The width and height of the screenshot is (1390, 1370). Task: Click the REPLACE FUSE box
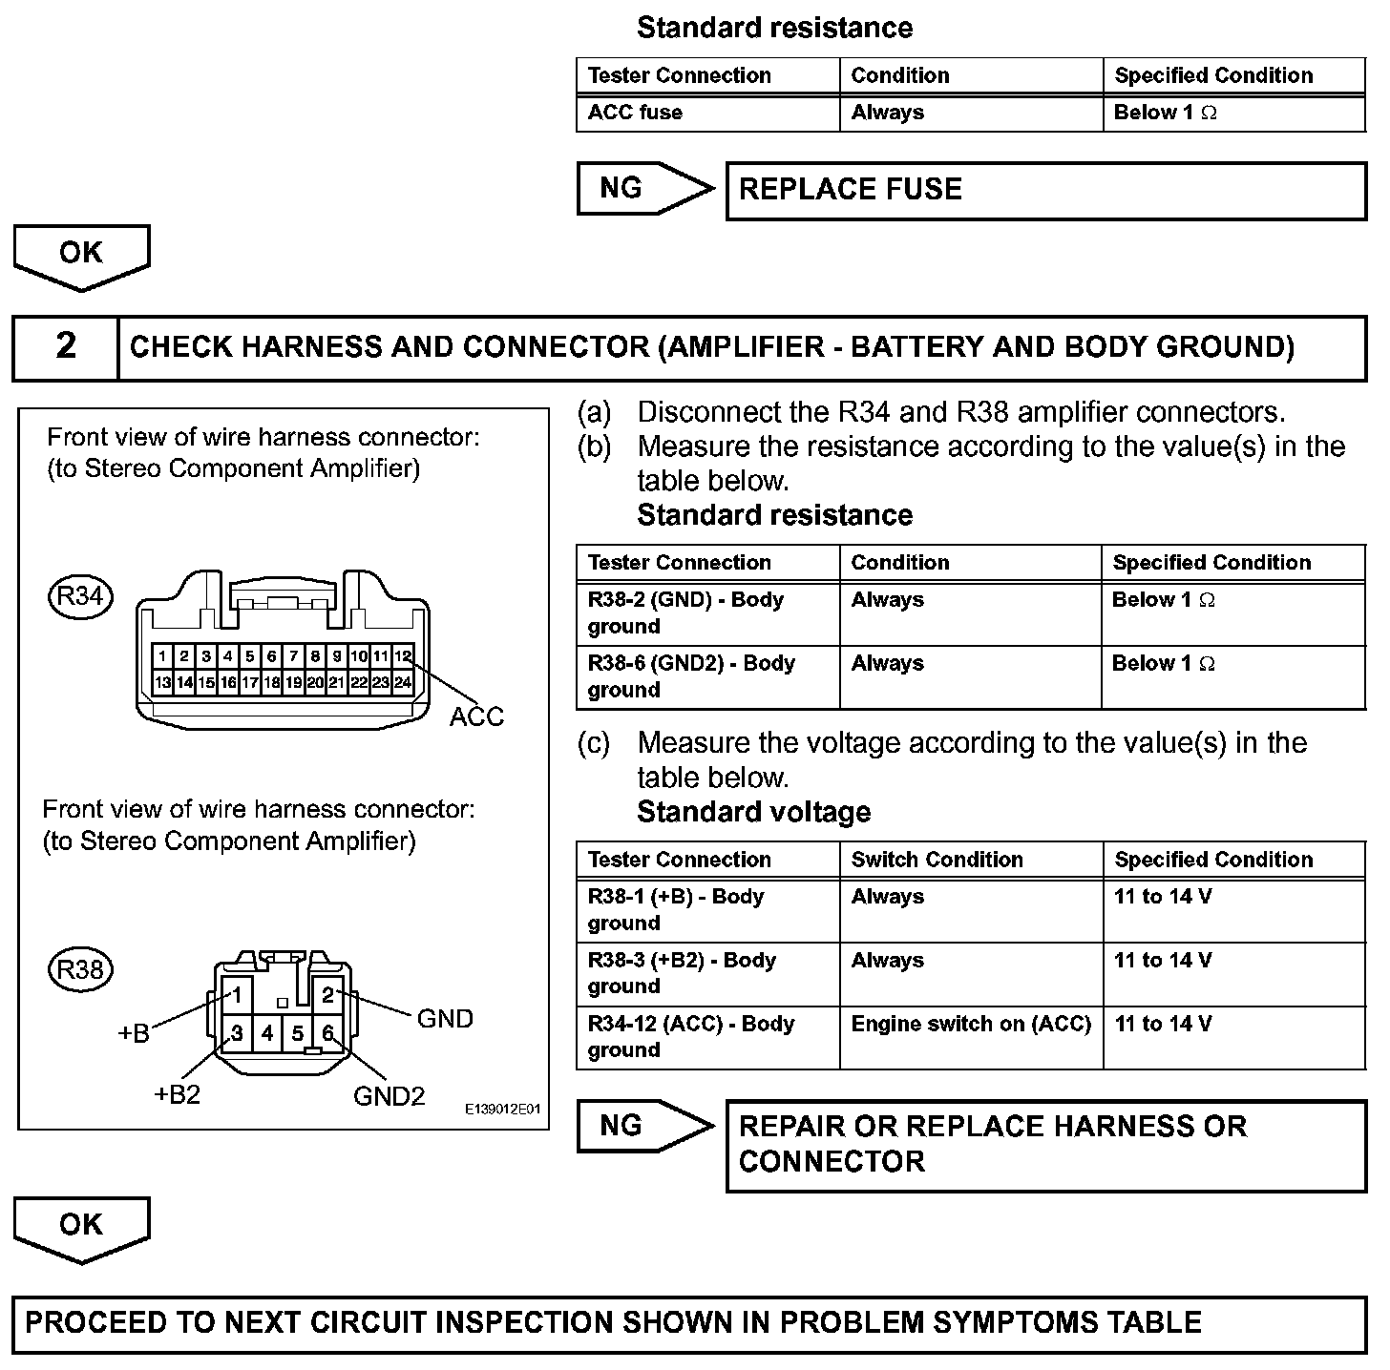point(1045,191)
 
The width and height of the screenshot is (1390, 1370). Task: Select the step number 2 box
point(66,347)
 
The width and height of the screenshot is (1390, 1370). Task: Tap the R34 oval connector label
point(80,597)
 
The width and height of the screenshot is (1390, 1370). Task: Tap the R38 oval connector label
point(80,969)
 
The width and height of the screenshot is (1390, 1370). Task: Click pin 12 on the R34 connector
point(403,656)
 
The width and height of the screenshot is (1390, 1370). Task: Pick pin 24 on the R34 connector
point(403,682)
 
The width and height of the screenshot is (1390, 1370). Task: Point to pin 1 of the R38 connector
point(237,995)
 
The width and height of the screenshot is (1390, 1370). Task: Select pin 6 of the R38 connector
point(327,1033)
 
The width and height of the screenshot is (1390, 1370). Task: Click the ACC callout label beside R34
point(475,716)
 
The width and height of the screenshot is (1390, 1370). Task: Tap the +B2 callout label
point(178,1094)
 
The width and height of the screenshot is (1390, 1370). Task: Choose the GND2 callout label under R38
point(389,1096)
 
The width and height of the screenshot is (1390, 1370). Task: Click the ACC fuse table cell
point(707,113)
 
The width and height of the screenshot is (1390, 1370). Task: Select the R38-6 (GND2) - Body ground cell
point(707,676)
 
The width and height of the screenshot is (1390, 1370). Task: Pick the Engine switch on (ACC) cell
point(971,1025)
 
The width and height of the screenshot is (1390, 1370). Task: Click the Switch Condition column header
point(937,860)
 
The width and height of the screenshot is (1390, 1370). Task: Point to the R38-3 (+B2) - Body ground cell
point(707,973)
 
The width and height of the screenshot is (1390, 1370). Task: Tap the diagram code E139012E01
point(503,1110)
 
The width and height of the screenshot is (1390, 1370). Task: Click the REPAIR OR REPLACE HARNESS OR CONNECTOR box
point(1045,1145)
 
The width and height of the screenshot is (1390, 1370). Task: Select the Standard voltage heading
point(753,812)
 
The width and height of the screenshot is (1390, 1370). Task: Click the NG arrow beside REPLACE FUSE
point(644,189)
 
